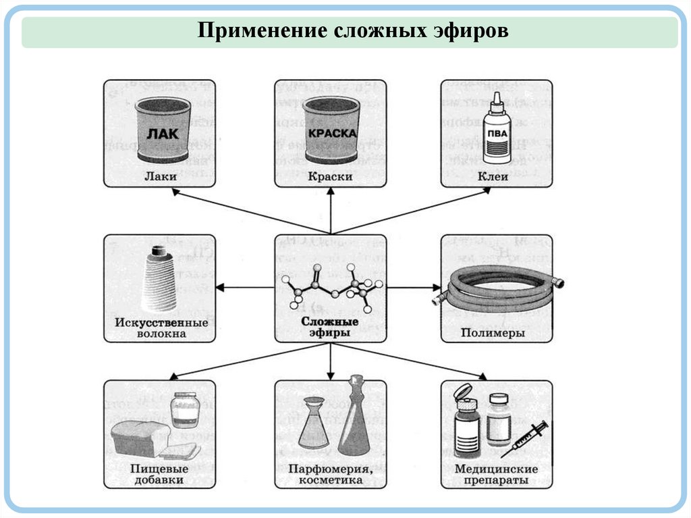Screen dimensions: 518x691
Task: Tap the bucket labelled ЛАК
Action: (x=163, y=129)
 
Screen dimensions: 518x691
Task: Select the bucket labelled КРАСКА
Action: (x=331, y=130)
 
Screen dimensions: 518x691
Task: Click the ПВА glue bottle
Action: (x=497, y=132)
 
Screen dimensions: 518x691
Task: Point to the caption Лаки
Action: (x=160, y=176)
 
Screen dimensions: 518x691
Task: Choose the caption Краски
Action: (x=331, y=176)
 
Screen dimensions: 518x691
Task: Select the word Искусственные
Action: (x=161, y=322)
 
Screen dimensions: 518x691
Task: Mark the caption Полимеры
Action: (x=493, y=333)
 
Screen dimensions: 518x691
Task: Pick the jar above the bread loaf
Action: (x=184, y=410)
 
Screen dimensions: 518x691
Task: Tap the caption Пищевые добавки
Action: (x=159, y=474)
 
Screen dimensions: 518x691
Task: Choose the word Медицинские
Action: (x=496, y=469)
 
